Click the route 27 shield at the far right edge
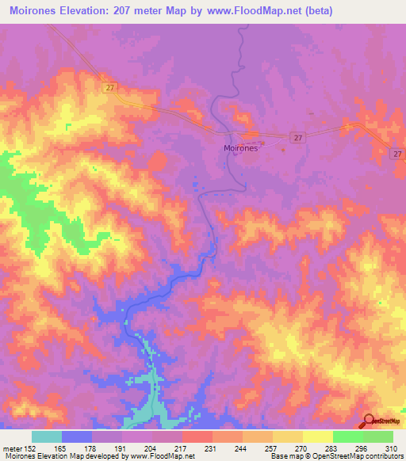(x=397, y=154)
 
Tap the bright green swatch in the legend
(x=347, y=436)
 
